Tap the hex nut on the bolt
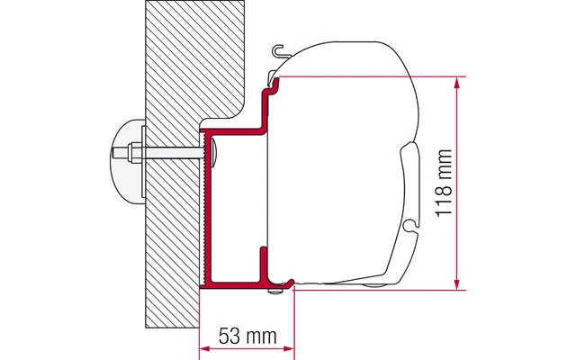pyautogui.click(x=131, y=150)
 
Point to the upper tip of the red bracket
pyautogui.click(x=272, y=81)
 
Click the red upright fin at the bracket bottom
pyautogui.click(x=263, y=264)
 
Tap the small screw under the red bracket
pyautogui.click(x=285, y=287)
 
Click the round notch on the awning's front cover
pyautogui.click(x=409, y=221)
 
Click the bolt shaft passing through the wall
pyautogui.click(x=171, y=150)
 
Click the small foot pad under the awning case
pyautogui.click(x=371, y=287)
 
